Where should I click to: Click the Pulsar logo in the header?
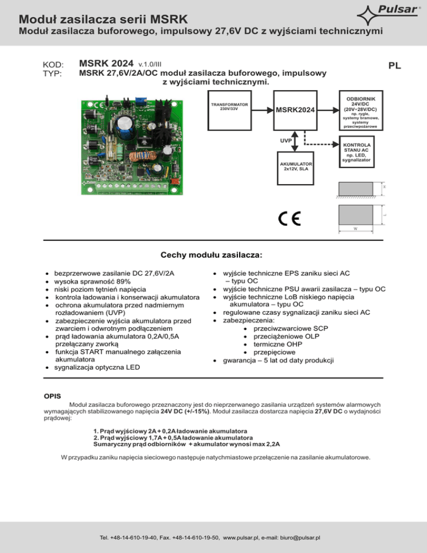point(390,12)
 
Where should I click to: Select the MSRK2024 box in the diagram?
point(295,110)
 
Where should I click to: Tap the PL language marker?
point(395,66)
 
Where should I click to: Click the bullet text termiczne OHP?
point(275,344)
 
